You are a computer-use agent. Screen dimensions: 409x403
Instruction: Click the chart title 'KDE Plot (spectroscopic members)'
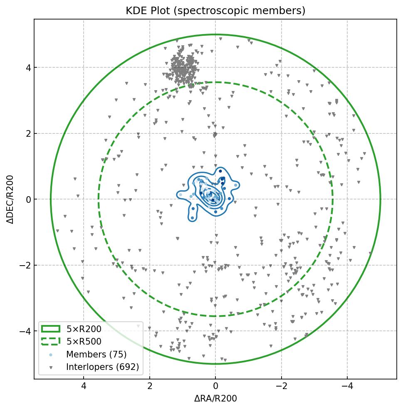215,11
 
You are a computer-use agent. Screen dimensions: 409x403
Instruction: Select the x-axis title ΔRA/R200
215,398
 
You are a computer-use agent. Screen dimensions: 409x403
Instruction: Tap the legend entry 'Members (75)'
96,355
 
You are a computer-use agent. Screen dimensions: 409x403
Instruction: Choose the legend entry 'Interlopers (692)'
102,367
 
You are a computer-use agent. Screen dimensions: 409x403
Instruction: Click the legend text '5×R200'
84,329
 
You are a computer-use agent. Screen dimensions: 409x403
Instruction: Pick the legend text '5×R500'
84,342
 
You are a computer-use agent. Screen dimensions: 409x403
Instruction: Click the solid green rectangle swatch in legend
51,329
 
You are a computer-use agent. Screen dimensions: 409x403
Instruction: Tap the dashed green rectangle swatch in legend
51,342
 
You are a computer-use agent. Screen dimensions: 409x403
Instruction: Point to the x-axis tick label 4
84,387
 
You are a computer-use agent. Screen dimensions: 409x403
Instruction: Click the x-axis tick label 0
215,387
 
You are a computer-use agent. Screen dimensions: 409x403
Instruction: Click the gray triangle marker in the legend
51,367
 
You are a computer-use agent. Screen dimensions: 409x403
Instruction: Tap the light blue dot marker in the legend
51,355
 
